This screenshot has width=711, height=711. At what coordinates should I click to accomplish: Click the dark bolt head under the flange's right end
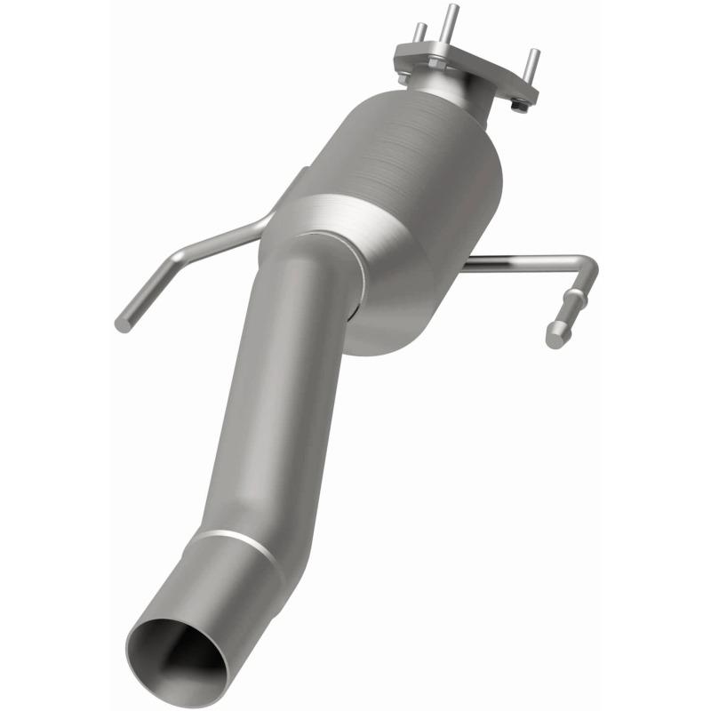click(521, 105)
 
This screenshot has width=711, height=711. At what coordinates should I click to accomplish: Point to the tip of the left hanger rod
click(123, 325)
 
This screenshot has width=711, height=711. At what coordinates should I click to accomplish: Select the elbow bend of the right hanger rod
click(587, 267)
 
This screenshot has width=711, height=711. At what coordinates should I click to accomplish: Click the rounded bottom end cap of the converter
click(391, 329)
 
